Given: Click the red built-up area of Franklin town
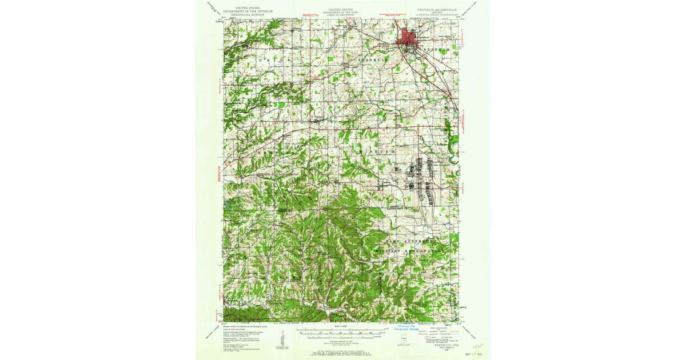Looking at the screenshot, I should pos(407,39).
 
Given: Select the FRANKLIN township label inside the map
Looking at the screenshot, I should pos(372,59).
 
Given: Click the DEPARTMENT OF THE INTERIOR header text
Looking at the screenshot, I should pos(248,10).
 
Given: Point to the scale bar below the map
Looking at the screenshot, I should pos(343,332).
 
